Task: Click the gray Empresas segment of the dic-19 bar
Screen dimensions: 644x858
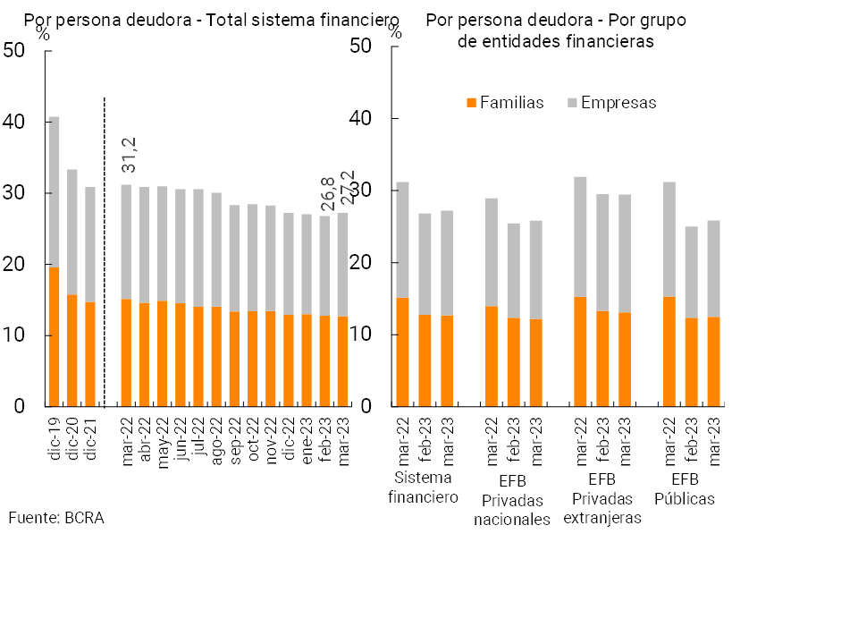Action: point(54,191)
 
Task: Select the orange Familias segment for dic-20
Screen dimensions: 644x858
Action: point(71,351)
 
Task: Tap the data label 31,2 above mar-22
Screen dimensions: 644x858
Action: point(130,156)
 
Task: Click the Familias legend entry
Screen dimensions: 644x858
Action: point(505,103)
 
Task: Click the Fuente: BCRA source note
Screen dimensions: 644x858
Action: point(56,518)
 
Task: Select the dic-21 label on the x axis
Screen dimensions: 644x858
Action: point(90,438)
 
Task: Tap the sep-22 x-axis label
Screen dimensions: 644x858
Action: point(235,438)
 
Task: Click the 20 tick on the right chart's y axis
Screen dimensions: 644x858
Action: point(362,263)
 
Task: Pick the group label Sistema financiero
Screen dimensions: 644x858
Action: point(423,489)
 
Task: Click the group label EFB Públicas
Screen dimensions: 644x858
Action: point(685,490)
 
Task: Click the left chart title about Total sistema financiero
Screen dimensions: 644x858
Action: point(211,20)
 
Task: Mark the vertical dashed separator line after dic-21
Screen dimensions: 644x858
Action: point(105,250)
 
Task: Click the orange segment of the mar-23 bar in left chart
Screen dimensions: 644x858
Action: point(342,361)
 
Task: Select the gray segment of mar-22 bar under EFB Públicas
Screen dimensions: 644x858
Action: point(669,239)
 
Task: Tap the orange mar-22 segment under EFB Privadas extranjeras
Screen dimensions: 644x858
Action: point(580,352)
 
